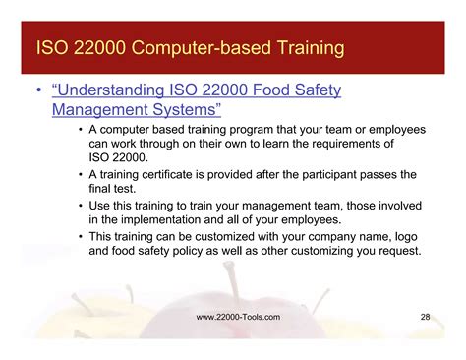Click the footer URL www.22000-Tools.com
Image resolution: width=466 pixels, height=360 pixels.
238,317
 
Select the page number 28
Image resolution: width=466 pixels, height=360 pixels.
425,317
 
